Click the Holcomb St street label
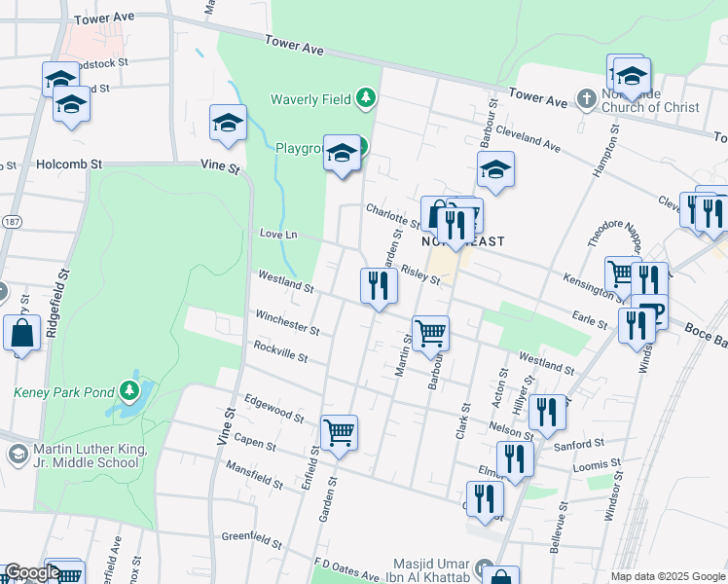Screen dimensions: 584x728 pos(69,164)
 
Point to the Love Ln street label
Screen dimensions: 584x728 pos(277,235)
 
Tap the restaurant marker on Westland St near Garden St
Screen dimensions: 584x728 pos(379,286)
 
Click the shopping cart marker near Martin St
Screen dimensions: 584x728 pos(430,333)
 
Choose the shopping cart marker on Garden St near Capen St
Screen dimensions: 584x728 pos(339,432)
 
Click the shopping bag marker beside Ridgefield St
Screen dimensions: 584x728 pos(21,333)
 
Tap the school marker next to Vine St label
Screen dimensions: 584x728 pos(228,123)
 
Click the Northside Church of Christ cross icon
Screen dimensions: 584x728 pos(586,98)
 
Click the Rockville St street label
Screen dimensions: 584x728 pos(280,351)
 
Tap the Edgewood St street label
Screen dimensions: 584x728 pos(274,407)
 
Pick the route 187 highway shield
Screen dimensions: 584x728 pos(9,223)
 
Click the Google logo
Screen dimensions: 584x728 pos(32,572)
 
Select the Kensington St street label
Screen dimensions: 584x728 pos(592,285)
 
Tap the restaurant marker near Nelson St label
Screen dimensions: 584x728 pos(547,412)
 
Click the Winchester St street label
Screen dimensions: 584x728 pos(287,322)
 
